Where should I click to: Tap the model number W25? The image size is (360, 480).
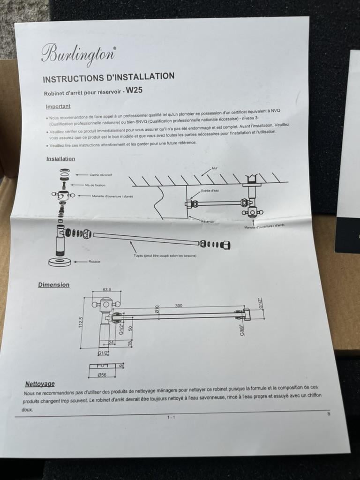pyautogui.click(x=134, y=90)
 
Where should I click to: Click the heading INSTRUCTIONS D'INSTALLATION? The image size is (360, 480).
pyautogui.click(x=108, y=77)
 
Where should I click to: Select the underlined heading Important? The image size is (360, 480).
pyautogui.click(x=58, y=106)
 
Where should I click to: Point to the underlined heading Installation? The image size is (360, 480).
pyautogui.click(x=60, y=159)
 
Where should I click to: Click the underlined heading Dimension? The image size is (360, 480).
pyautogui.click(x=53, y=285)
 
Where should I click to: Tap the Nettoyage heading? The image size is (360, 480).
pyautogui.click(x=40, y=384)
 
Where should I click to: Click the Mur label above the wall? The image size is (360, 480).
pyautogui.click(x=215, y=167)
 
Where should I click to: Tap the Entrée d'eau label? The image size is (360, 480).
pyautogui.click(x=209, y=191)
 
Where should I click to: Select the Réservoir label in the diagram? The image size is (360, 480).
pyautogui.click(x=208, y=221)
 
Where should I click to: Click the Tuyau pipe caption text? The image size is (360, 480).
pyautogui.click(x=165, y=255)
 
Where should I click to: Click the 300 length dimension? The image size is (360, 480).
pyautogui.click(x=179, y=305)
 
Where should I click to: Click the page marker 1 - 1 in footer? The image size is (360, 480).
pyautogui.click(x=171, y=417)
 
